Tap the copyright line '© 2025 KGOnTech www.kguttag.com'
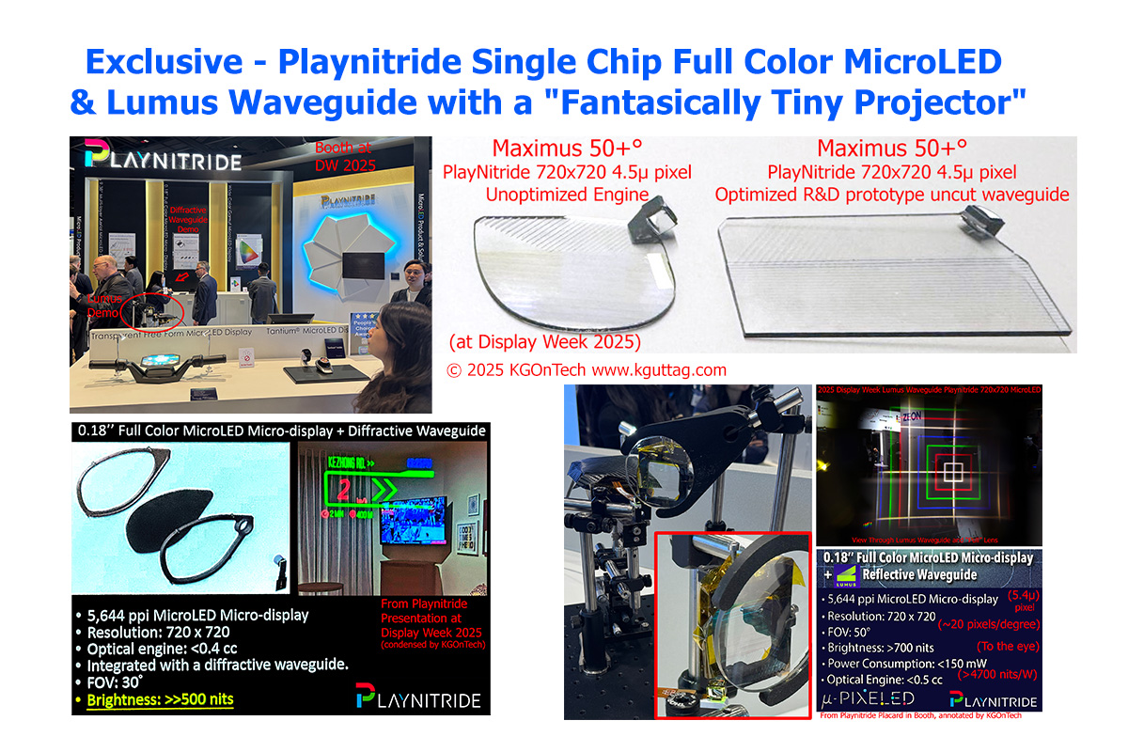(587, 369)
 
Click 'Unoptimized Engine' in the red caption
(555, 195)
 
